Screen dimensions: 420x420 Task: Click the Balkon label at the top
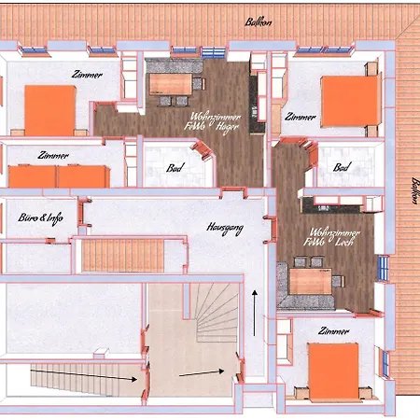259,22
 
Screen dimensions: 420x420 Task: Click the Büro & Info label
40,217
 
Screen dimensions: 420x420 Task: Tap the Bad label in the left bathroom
174,169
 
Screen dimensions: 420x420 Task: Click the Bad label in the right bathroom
342,168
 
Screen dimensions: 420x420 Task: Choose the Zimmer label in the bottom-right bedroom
333,331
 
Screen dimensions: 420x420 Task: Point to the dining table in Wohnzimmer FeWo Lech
307,278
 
